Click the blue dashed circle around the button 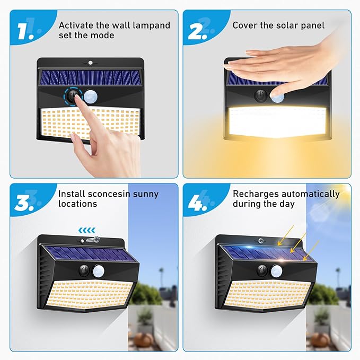(73, 96)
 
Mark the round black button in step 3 (84, 270)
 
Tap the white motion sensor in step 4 (276, 271)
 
